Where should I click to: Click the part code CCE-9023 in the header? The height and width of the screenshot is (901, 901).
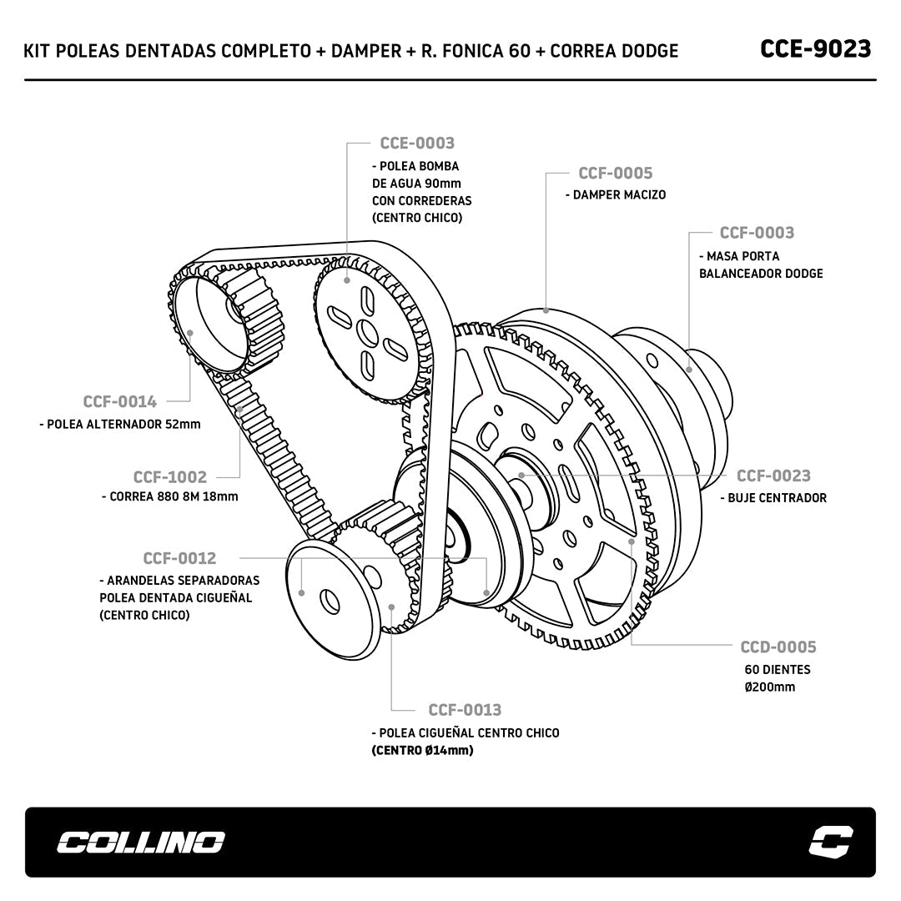(815, 49)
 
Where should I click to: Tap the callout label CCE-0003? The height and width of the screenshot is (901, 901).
(417, 143)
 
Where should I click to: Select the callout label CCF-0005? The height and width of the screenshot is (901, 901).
(616, 174)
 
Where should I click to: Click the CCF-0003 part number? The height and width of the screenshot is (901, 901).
(757, 233)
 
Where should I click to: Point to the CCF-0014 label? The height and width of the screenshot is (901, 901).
(119, 402)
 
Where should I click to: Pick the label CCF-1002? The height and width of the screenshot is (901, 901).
(169, 477)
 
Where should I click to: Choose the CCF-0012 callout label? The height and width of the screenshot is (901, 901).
(179, 558)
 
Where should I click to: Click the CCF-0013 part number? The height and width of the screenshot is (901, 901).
(465, 710)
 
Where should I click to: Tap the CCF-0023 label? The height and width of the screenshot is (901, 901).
(773, 476)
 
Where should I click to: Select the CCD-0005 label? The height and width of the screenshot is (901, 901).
(778, 647)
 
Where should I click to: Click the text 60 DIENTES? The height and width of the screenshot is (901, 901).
(778, 669)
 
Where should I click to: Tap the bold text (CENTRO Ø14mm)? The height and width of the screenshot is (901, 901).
(423, 750)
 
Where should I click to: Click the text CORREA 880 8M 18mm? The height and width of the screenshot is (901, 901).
(174, 496)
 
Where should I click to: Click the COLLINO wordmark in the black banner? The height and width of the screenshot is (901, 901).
(141, 843)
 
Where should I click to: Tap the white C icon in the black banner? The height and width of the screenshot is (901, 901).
(832, 842)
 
